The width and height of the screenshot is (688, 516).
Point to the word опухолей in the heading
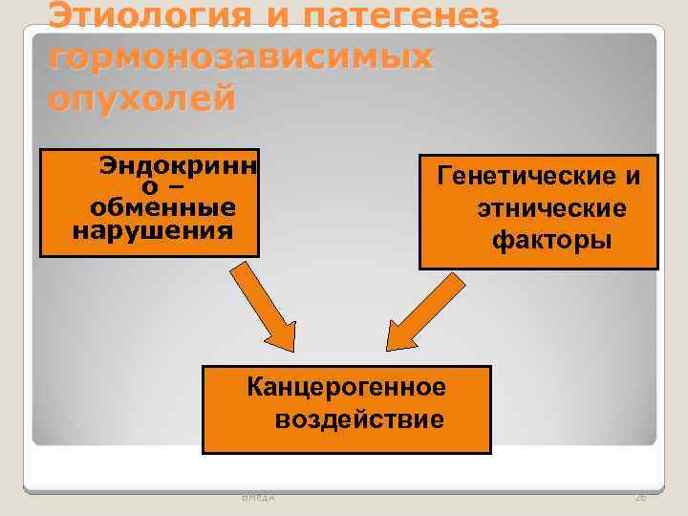(141, 98)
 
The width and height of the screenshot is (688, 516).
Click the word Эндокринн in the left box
(178, 166)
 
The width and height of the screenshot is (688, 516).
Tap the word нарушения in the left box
(153, 229)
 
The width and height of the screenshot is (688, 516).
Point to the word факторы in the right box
(552, 240)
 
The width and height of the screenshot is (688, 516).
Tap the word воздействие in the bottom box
(359, 419)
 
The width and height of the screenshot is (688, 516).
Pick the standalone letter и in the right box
(632, 176)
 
